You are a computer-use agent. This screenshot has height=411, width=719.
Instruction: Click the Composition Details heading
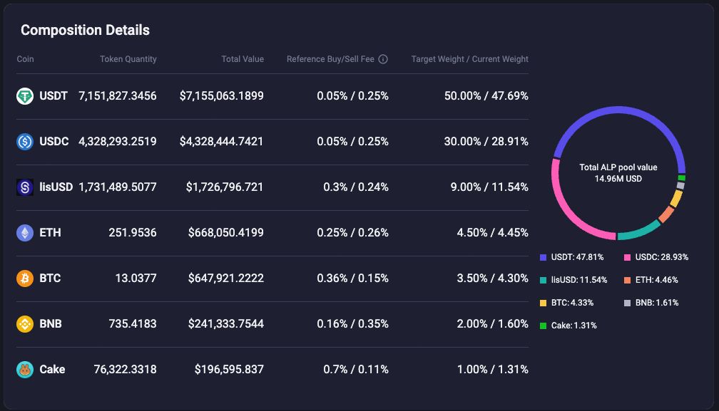85,30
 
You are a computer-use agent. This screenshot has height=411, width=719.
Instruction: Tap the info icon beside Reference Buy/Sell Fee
383,59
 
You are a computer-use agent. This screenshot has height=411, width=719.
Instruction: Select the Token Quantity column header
128,59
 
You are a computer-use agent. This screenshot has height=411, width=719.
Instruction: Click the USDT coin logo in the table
25,96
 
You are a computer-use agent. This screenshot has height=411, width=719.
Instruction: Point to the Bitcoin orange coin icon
25,279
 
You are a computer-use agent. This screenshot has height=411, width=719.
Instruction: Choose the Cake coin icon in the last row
25,370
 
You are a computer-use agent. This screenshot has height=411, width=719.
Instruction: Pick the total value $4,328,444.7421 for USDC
222,142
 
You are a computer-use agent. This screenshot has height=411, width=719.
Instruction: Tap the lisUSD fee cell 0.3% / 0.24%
352,187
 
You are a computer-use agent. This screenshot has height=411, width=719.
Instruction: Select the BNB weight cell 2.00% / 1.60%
492,324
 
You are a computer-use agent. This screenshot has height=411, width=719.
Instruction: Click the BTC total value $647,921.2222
225,279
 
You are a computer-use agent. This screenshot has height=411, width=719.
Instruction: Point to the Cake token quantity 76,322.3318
125,370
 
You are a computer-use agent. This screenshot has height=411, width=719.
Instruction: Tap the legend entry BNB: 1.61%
651,303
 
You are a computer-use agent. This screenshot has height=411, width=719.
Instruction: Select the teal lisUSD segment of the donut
638,231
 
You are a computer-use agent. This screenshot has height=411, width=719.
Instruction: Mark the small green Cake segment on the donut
682,178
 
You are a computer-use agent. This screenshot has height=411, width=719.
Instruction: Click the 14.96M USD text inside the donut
618,179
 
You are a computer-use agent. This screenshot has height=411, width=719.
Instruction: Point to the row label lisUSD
56,187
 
